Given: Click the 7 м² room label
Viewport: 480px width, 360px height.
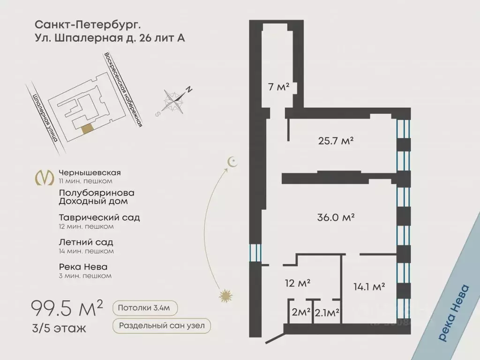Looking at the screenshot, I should click(x=279, y=87).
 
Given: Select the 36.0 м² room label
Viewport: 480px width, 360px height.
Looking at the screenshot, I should click(x=336, y=217).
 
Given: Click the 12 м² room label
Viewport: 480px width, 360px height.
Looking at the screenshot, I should click(x=298, y=283).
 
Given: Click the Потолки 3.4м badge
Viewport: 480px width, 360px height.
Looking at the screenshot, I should click(x=144, y=308).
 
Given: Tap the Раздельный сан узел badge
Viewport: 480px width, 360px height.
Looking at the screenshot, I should click(x=161, y=326).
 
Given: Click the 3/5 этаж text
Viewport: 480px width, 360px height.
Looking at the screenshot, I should click(x=59, y=328).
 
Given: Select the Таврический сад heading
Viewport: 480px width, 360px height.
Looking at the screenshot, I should click(x=99, y=217).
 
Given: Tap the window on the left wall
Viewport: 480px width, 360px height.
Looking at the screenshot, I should click(x=255, y=253).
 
